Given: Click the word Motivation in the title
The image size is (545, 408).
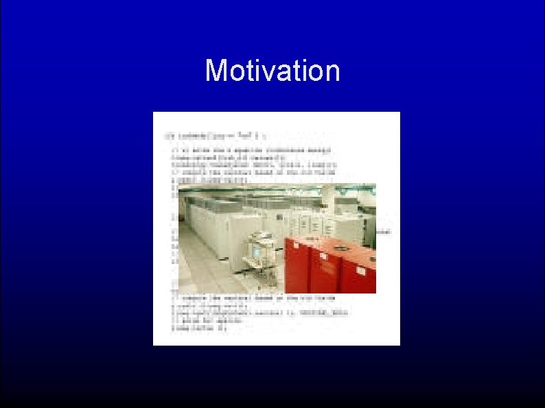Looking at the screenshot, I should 272,71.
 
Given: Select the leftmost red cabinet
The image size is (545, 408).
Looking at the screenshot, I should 297,267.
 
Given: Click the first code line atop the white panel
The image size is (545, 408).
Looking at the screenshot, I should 206,134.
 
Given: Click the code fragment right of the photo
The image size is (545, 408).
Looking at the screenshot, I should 384,232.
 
